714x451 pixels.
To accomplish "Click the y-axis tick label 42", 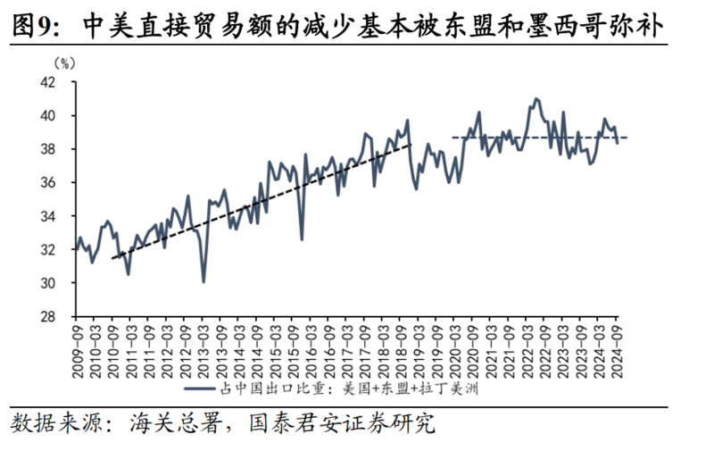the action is point(48,82).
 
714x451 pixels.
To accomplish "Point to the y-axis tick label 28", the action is point(48,317).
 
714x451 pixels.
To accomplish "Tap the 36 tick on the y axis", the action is point(48,183).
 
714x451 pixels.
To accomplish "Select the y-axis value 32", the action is point(48,250).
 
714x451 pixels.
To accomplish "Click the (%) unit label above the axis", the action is point(64,63).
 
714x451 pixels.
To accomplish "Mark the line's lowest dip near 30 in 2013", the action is point(203,281).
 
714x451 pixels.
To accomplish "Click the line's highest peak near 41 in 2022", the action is point(535,98).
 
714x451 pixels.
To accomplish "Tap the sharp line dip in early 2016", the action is point(302,238).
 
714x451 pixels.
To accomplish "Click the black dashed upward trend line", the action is point(262,201).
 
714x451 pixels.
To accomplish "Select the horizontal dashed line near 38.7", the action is point(540,138).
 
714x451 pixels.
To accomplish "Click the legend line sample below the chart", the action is point(200,388).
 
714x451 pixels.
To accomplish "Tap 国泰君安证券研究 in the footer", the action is point(342,423).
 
